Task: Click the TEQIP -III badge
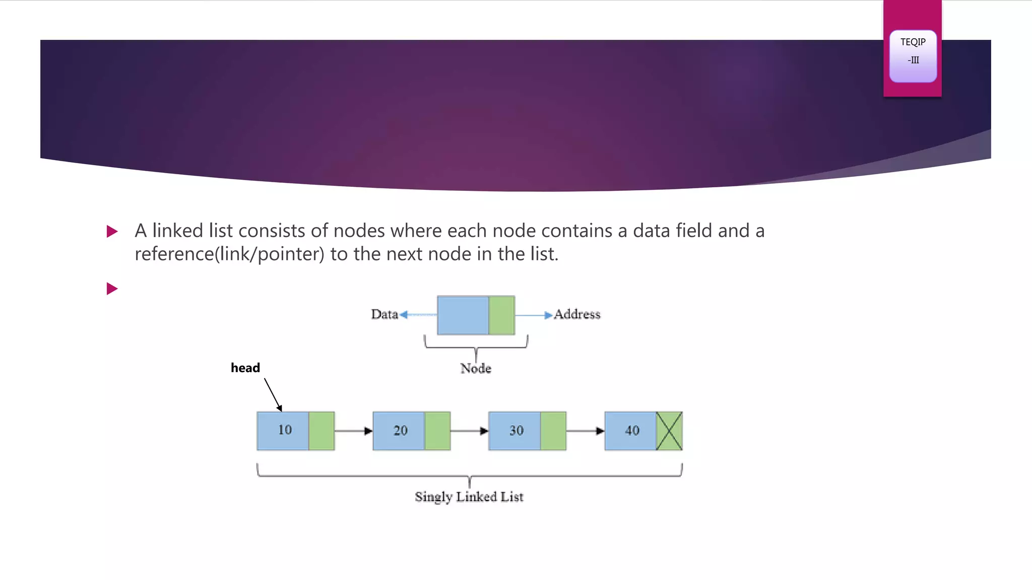click(x=913, y=56)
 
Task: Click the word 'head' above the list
click(x=245, y=368)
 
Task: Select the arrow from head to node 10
click(x=273, y=395)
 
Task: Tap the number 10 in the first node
click(x=285, y=430)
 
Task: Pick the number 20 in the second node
click(x=401, y=430)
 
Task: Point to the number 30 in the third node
click(x=517, y=430)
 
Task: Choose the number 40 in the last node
click(x=632, y=430)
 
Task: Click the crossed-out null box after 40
click(x=669, y=431)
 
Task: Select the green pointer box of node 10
click(x=321, y=431)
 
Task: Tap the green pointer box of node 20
click(x=437, y=431)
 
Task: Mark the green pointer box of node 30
click(x=553, y=431)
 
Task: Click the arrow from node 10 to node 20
click(x=353, y=431)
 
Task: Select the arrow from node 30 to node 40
click(x=585, y=431)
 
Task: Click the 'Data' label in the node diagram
click(x=384, y=315)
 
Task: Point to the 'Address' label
click(x=577, y=315)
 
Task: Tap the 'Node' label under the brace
click(x=476, y=369)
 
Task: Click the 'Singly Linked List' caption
click(x=469, y=497)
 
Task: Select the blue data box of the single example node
click(x=463, y=316)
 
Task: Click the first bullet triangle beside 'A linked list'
click(x=112, y=232)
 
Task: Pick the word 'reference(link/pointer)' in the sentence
click(x=229, y=254)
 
